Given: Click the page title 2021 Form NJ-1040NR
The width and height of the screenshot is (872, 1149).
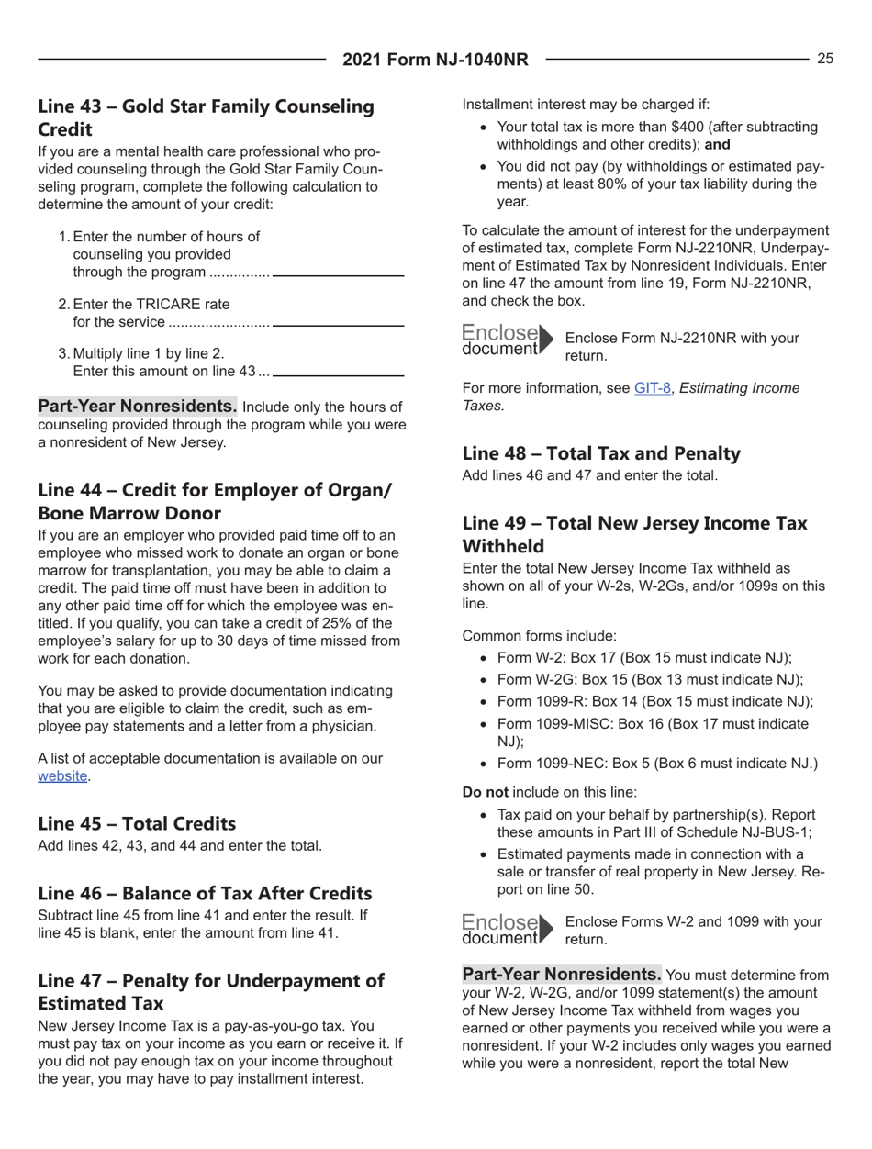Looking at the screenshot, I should (436, 61).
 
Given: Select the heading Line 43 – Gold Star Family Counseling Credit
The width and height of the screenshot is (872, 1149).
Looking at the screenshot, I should (206, 117).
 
